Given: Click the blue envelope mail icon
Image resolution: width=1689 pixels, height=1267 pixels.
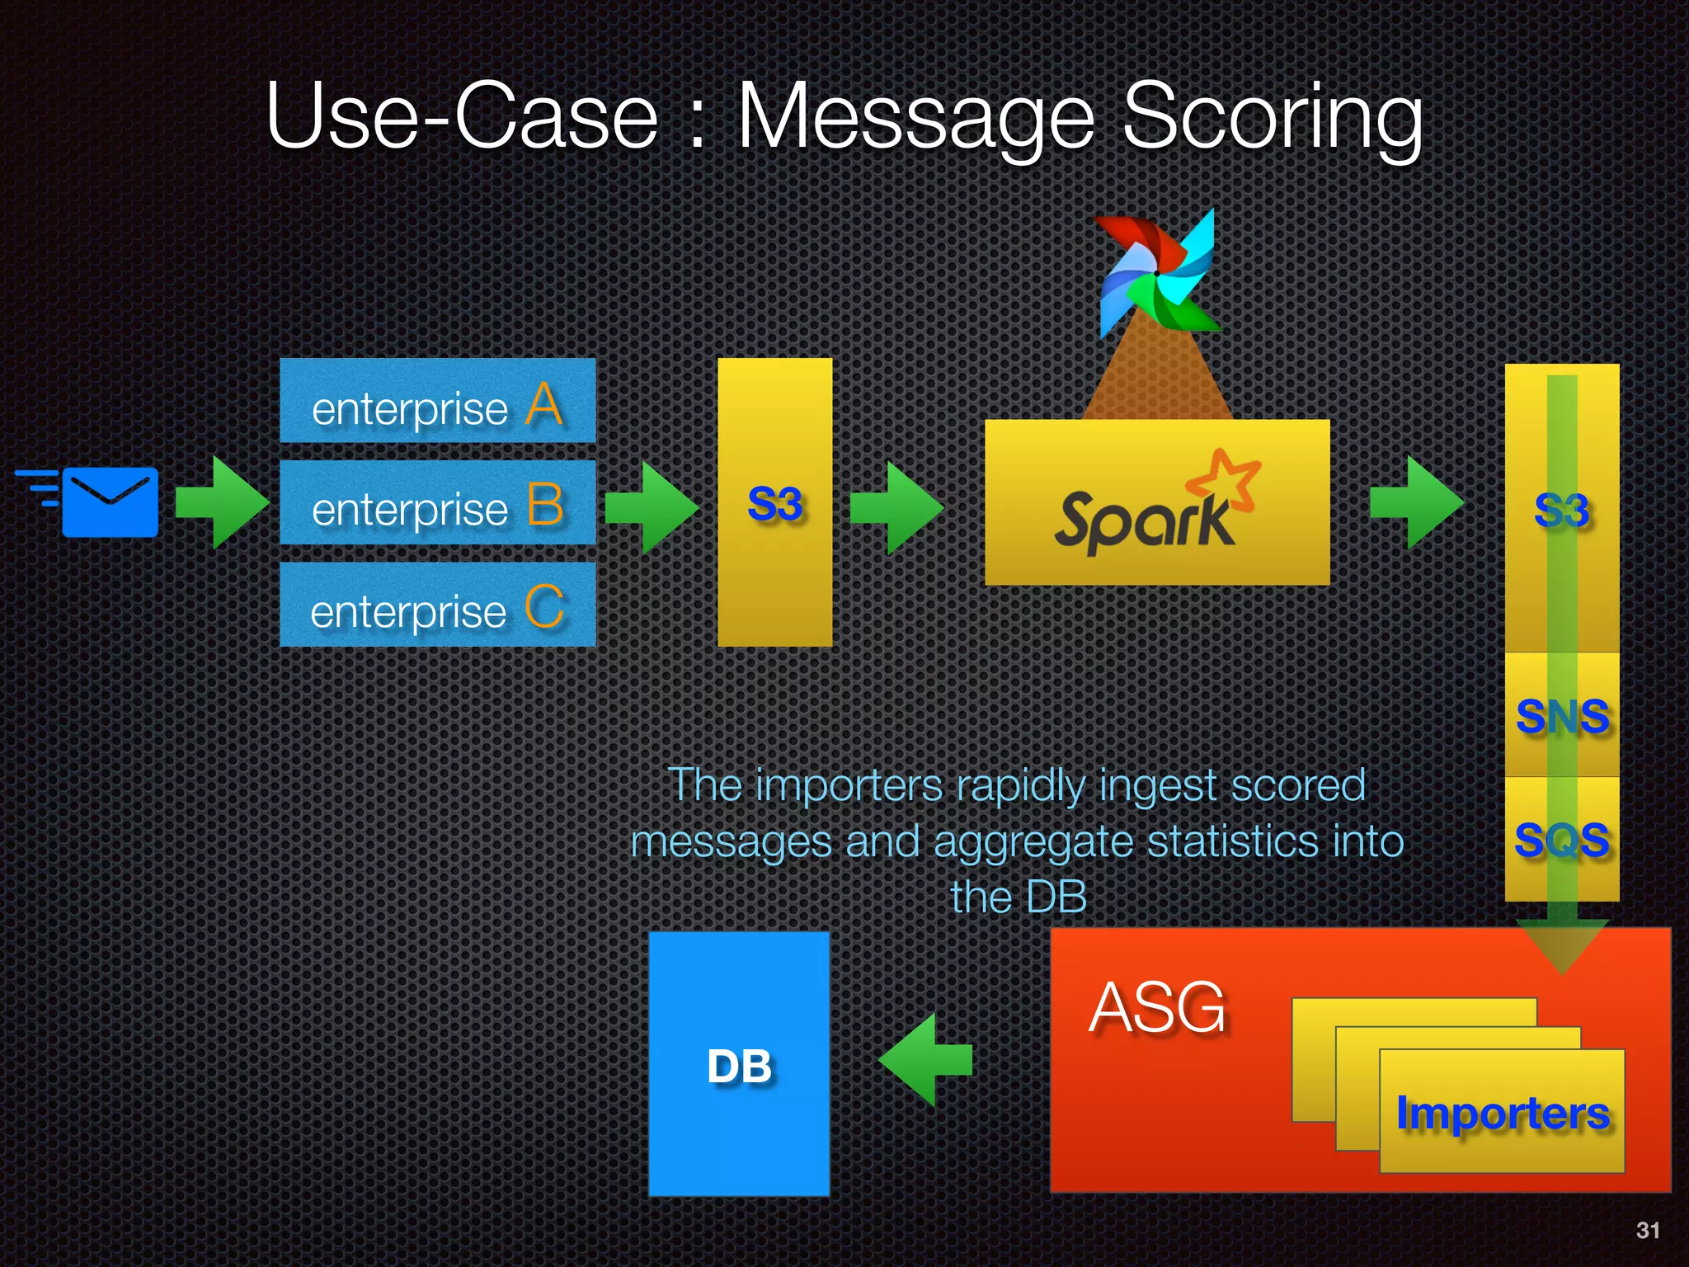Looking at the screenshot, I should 109,502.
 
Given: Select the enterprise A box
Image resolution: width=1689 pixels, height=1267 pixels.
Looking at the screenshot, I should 437,401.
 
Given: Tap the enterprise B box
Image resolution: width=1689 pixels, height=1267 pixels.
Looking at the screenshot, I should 437,503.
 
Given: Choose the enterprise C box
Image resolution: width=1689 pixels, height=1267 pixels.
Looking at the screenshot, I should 437,605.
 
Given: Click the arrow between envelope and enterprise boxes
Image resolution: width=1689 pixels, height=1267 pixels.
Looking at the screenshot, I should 221,502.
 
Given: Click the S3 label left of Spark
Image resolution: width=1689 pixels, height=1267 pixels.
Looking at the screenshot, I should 774,504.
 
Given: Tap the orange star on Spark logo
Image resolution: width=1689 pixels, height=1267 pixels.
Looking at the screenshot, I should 1227,480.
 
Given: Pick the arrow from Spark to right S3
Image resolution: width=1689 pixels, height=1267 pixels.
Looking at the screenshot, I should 1415,502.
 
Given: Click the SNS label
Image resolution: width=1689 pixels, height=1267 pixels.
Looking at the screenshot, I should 1562,716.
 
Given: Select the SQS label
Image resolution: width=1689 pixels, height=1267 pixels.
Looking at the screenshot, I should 1562,840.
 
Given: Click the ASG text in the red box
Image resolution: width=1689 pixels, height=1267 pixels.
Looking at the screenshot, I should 1158,1007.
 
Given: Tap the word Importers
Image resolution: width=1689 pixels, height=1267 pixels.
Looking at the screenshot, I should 1502,1113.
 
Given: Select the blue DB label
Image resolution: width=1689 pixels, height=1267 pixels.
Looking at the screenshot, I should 739,1066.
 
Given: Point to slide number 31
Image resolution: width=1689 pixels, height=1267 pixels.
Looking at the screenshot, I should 1647,1230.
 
